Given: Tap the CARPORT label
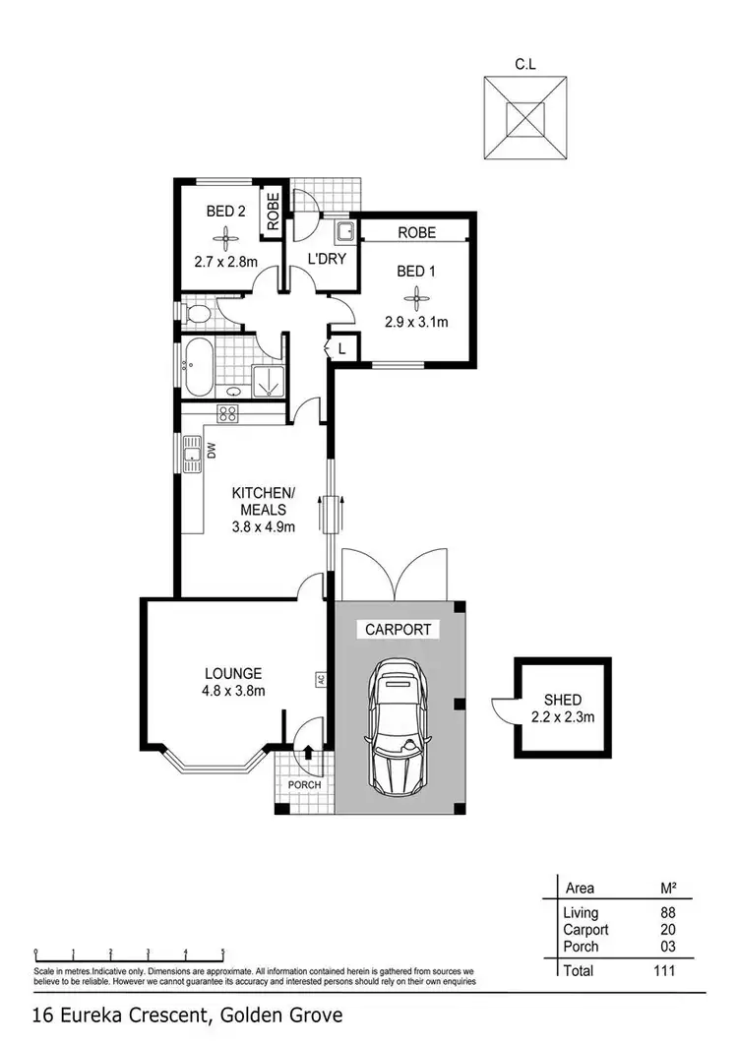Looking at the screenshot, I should [398, 630].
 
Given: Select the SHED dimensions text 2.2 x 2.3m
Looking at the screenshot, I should [562, 717].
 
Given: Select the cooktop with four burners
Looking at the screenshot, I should [228, 413].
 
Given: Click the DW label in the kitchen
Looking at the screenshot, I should [211, 451].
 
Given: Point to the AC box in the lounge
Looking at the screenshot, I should [320, 679].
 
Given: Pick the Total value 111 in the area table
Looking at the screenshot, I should [661, 970].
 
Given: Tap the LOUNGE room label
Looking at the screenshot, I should [233, 673].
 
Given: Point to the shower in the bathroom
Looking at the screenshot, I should [266, 380].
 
